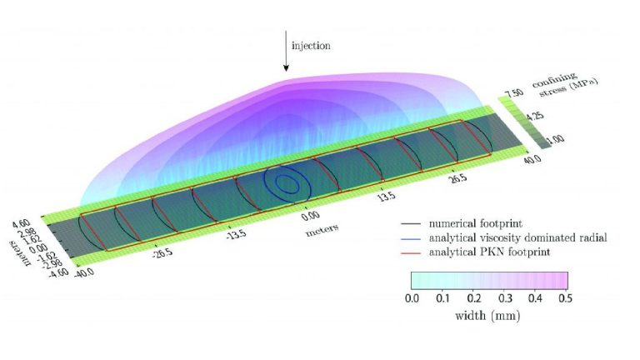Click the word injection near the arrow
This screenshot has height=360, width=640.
[x=311, y=45]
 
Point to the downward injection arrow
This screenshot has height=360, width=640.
[x=286, y=51]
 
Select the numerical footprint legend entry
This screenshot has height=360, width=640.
[x=462, y=223]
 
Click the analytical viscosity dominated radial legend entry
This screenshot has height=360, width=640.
[x=503, y=237]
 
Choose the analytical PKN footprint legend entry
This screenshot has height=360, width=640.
[x=475, y=252]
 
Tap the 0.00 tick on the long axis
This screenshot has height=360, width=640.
[x=311, y=216]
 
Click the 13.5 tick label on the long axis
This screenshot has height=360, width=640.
[x=386, y=197]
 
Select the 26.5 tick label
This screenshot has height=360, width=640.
[x=458, y=178]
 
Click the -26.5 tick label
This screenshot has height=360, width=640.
[x=162, y=253]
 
